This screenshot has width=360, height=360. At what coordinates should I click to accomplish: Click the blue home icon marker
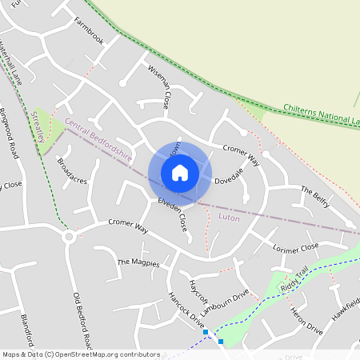[x=180, y=172]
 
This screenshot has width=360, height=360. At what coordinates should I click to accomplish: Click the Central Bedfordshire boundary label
[x=99, y=137]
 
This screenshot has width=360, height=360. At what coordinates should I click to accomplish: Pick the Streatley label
[x=38, y=126]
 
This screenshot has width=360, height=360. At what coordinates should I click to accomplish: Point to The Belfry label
[x=314, y=194]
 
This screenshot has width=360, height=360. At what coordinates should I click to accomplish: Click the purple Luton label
[x=229, y=217]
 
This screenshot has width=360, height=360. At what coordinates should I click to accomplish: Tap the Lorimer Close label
[x=295, y=248]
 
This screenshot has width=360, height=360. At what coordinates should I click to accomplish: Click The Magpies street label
[x=138, y=262]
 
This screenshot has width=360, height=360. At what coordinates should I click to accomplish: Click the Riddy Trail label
[x=293, y=280]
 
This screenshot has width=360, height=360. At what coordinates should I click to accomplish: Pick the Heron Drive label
[x=306, y=320]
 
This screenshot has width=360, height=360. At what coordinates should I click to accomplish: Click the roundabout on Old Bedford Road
[x=70, y=237]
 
